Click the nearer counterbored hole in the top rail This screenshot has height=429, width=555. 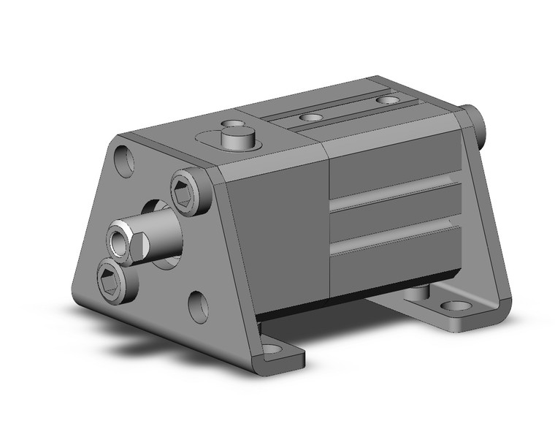311,117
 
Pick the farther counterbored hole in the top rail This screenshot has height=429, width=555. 386,99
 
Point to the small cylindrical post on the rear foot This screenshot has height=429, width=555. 416,292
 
